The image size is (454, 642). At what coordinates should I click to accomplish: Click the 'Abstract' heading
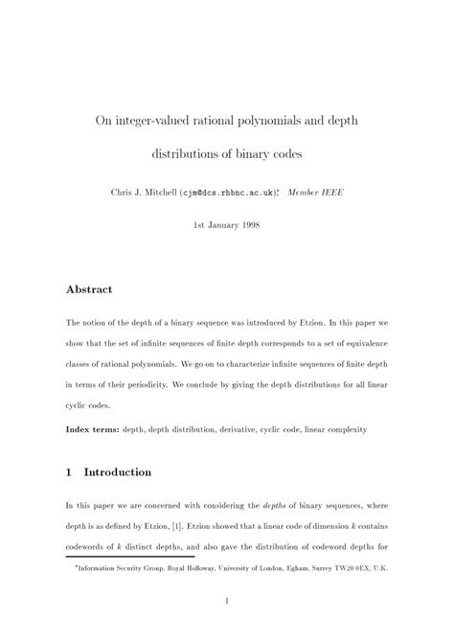click(x=89, y=288)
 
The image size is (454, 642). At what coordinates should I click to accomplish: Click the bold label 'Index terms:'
click(x=92, y=428)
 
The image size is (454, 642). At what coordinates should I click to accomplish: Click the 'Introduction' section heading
click(x=117, y=472)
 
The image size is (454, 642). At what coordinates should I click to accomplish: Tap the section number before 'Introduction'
click(x=69, y=472)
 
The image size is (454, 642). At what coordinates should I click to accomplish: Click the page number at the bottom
click(x=226, y=601)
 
